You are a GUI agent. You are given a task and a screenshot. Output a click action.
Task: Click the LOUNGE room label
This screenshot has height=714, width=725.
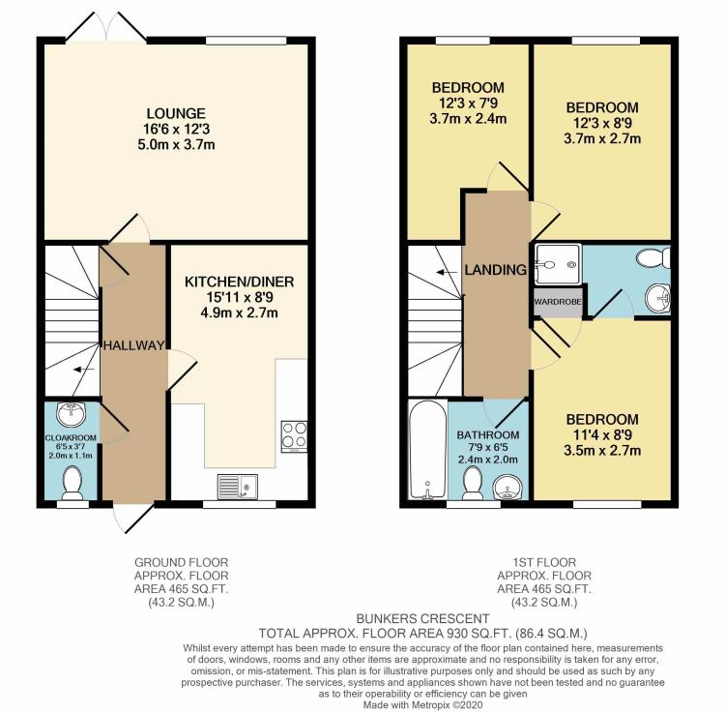coord(176,113)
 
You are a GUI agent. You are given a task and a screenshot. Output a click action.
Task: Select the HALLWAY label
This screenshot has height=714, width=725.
coord(133,345)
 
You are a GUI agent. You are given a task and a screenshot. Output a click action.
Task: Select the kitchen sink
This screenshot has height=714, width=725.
coord(236,484)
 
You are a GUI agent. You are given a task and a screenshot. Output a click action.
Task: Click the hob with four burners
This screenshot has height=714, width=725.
coord(294,436)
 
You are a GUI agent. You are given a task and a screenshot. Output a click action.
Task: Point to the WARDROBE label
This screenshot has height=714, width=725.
coord(558,300)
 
